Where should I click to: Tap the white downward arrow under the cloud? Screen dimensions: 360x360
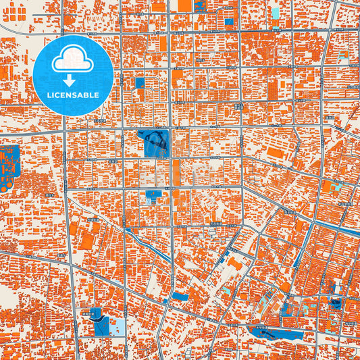(x=72, y=79)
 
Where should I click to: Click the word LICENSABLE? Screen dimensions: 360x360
(x=72, y=95)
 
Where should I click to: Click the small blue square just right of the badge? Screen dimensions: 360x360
(x=139, y=82)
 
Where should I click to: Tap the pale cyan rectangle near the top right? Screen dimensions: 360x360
(x=275, y=11)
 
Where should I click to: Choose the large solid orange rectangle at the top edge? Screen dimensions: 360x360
(x=184, y=5)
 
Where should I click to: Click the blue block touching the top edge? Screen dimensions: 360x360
(x=200, y=5)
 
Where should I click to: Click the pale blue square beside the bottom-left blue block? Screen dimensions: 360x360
(x=116, y=328)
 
